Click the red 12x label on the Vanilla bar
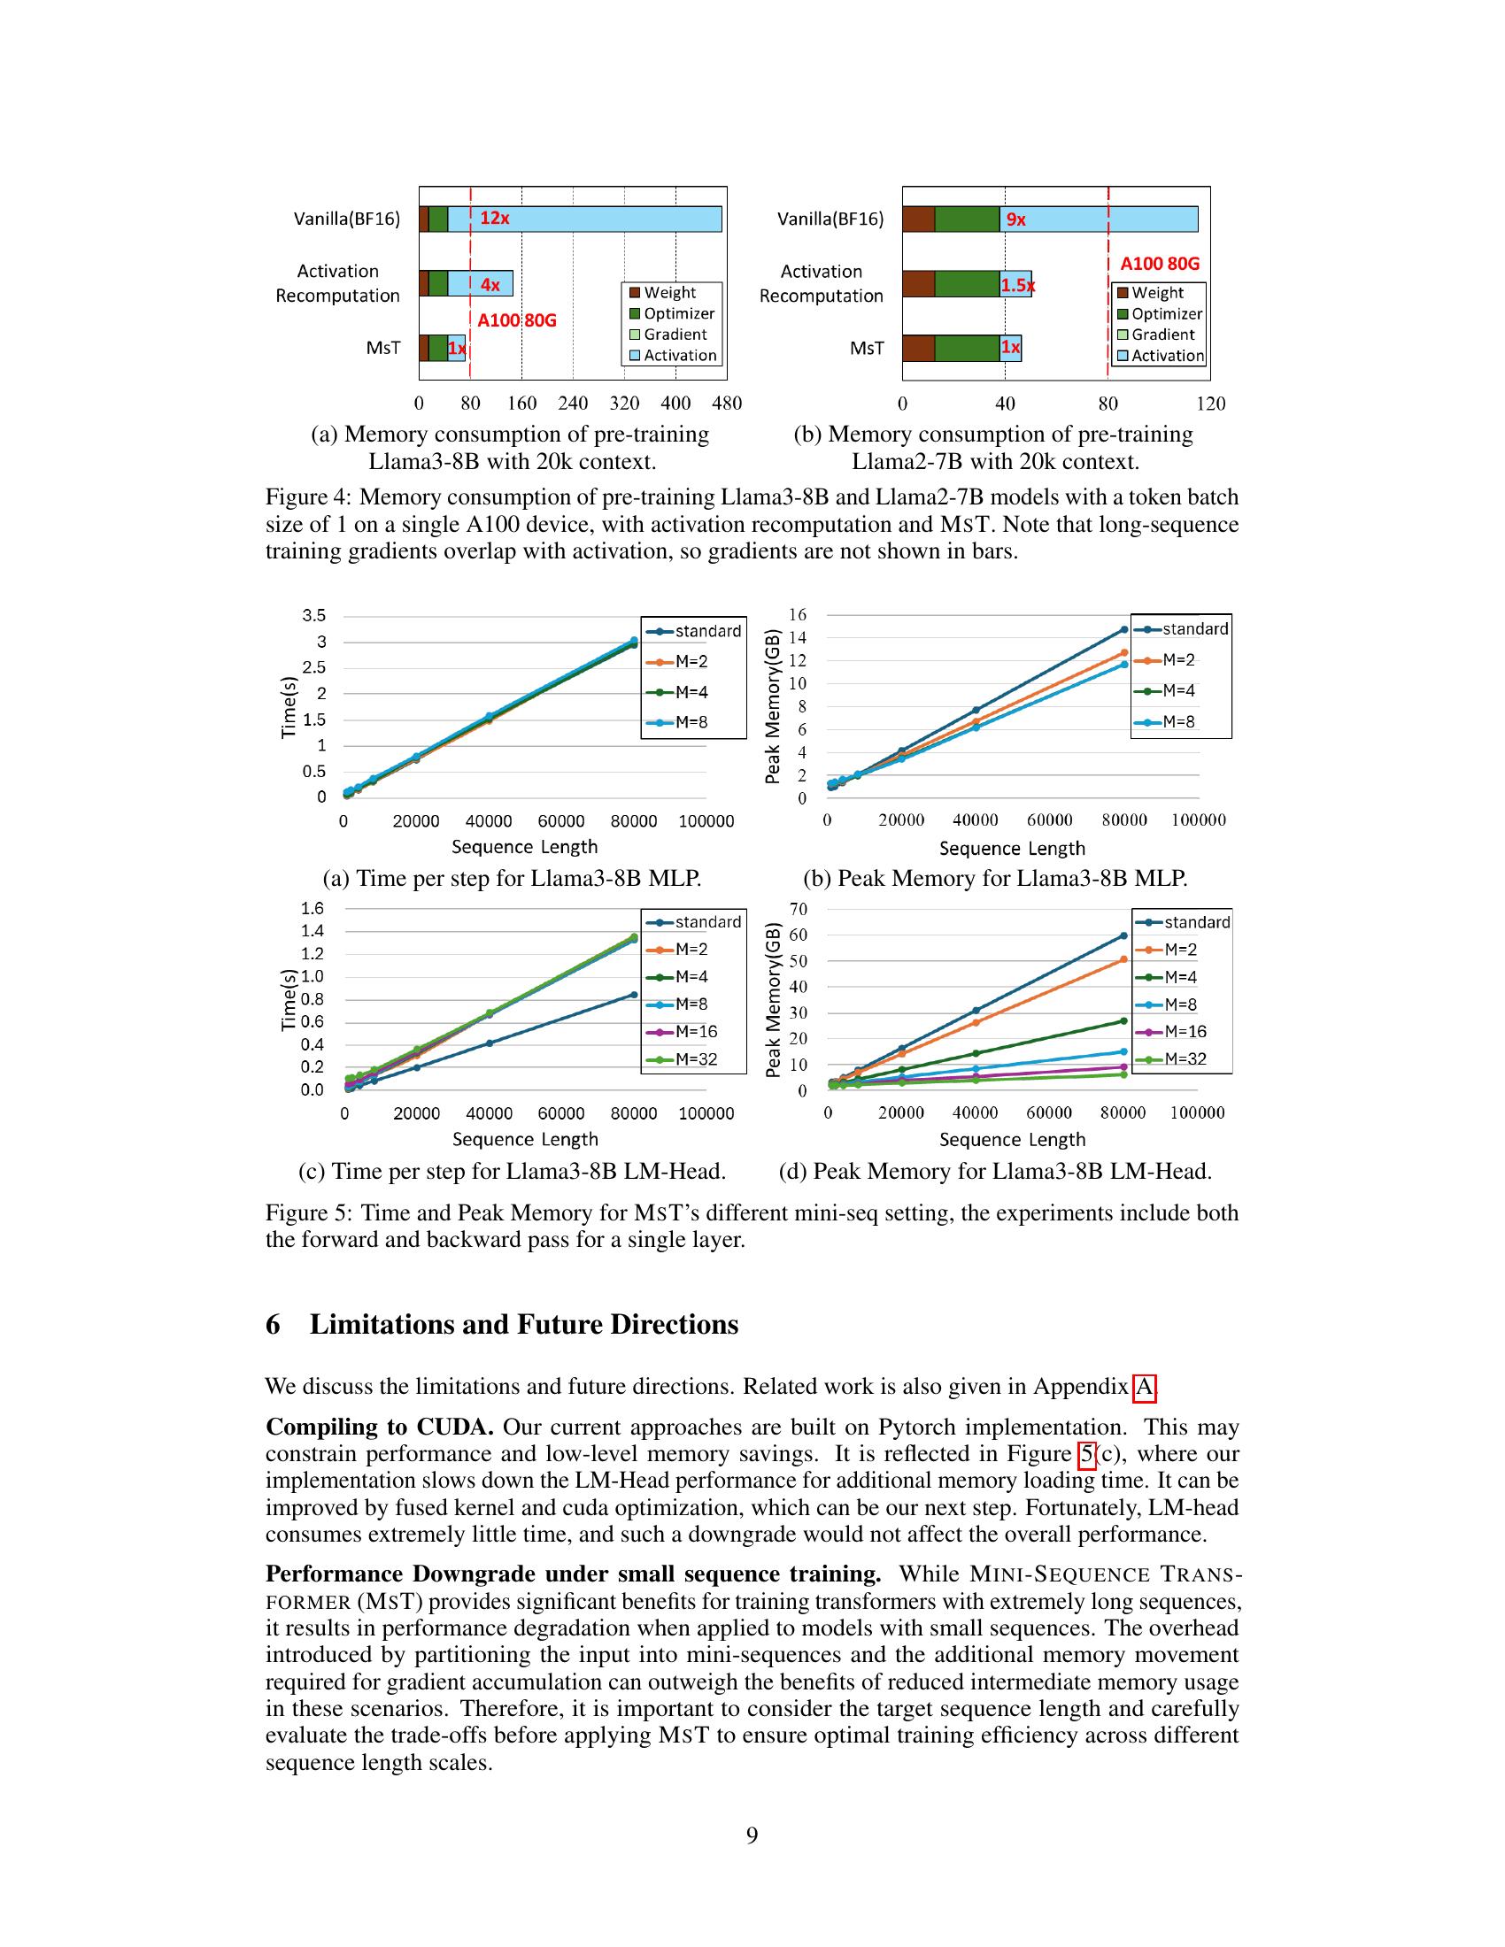point(494,219)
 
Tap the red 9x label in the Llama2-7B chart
point(1015,219)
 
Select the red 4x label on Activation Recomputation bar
point(490,285)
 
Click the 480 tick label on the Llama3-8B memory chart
point(727,404)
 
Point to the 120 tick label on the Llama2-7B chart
point(1210,404)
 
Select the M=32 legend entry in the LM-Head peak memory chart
point(1185,1059)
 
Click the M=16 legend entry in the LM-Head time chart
point(696,1031)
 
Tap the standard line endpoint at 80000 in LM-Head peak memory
point(1123,935)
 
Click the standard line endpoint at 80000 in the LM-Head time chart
point(634,994)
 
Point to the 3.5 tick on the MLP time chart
point(314,616)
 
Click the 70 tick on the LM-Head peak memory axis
point(799,909)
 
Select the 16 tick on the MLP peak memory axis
point(797,615)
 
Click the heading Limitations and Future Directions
point(523,1325)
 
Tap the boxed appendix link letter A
point(1144,1387)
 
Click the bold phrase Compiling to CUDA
point(380,1428)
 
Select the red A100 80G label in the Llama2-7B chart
point(1159,264)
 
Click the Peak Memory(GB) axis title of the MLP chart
point(773,707)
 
